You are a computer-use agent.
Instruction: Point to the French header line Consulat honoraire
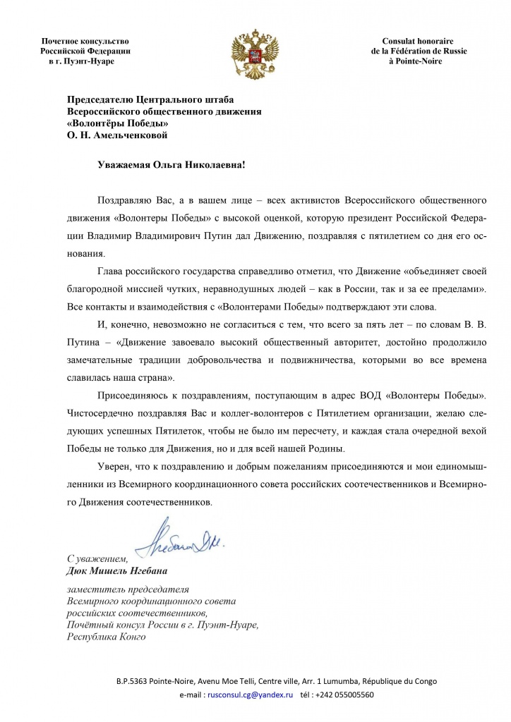[418, 41]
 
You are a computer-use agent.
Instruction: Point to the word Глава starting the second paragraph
[110, 271]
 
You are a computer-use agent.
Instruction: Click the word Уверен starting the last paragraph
[114, 466]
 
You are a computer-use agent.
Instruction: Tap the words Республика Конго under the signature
[106, 637]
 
